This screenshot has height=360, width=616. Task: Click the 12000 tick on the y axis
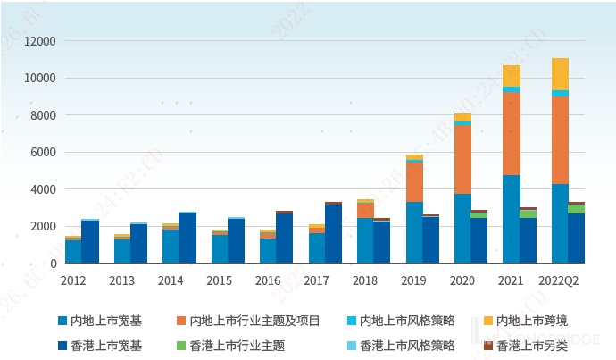pos(39,41)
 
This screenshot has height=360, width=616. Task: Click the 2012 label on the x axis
pos(73,280)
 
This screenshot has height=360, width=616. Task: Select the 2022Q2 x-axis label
pos(560,280)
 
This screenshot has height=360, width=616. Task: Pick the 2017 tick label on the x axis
pos(316,280)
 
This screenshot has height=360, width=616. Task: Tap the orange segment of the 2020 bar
pos(462,159)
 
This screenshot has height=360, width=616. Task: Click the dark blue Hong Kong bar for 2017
pos(333,234)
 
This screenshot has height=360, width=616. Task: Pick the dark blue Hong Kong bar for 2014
pos(187,239)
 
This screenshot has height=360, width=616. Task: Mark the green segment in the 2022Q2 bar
pos(577,209)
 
